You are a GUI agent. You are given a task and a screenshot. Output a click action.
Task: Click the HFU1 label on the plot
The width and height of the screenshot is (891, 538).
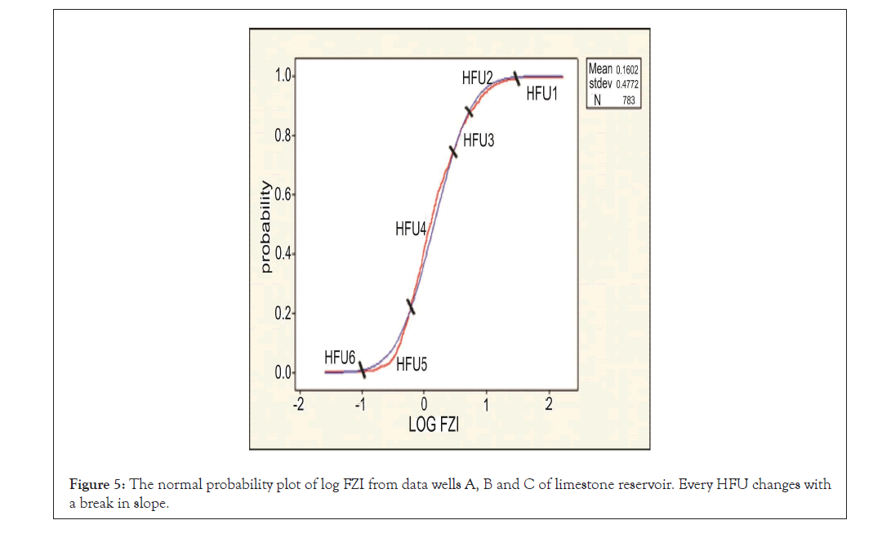click(541, 94)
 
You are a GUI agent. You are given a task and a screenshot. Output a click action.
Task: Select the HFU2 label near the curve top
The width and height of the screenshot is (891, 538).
click(478, 78)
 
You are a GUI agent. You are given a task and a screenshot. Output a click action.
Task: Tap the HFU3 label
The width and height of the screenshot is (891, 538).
click(479, 140)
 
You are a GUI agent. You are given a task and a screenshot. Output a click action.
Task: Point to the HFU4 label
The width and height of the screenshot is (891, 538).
click(412, 229)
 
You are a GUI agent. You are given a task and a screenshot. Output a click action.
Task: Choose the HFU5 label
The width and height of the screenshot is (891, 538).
click(412, 365)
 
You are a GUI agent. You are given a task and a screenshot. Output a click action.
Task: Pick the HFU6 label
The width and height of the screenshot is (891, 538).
click(340, 357)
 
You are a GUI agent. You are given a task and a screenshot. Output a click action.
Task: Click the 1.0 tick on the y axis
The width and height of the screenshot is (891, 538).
click(283, 76)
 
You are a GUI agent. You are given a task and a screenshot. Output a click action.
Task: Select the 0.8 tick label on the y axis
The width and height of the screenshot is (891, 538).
click(283, 136)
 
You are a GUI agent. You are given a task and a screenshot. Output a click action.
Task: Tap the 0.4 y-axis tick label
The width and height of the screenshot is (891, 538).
click(283, 254)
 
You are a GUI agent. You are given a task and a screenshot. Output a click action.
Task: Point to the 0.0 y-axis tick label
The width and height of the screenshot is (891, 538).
click(283, 373)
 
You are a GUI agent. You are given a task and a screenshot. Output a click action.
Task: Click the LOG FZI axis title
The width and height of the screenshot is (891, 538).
click(434, 425)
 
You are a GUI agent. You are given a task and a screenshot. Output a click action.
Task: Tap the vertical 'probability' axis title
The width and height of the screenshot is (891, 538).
click(265, 227)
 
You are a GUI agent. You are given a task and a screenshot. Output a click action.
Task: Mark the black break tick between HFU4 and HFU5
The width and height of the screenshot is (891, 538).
click(411, 306)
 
